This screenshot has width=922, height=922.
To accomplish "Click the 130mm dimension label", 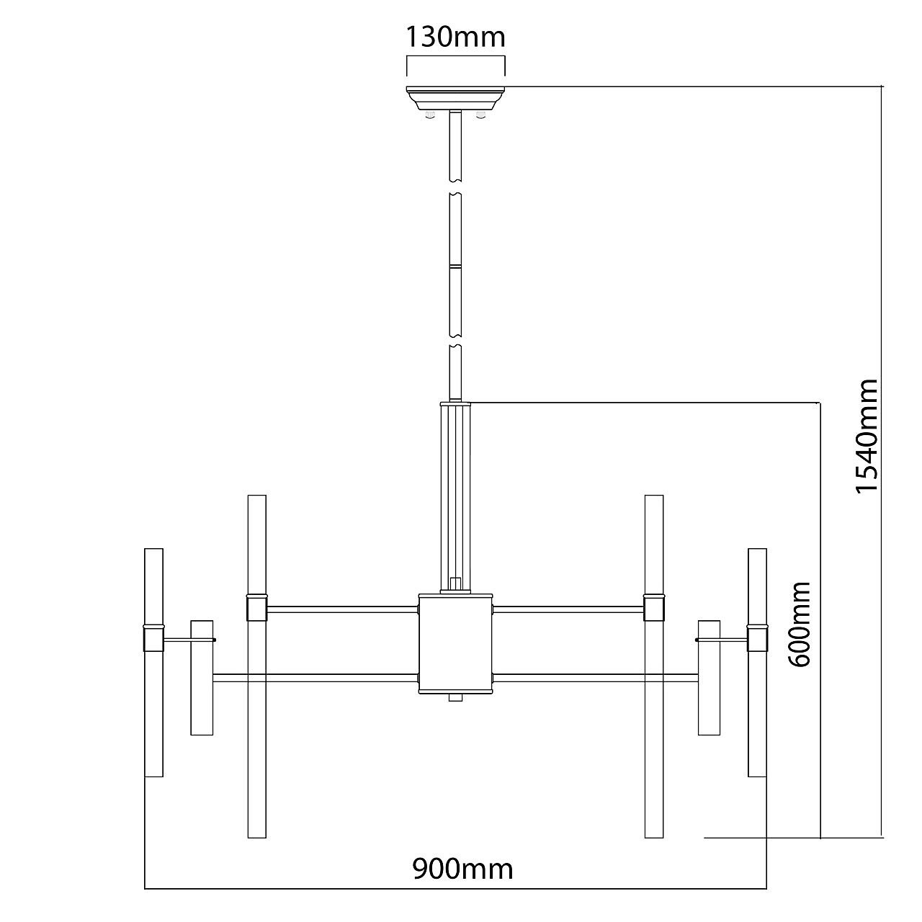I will (455, 36).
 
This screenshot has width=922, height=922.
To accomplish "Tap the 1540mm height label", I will (867, 436).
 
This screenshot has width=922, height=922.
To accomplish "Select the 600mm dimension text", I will (799, 624).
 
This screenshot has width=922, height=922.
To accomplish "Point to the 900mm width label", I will (462, 869).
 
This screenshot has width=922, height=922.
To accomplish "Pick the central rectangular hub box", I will (455, 643).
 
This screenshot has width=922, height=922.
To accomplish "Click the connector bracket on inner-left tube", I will (256, 608).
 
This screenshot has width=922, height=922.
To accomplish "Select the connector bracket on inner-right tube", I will (654, 608).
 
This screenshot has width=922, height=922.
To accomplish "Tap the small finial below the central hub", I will (455, 697).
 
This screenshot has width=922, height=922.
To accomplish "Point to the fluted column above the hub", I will (455, 497).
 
